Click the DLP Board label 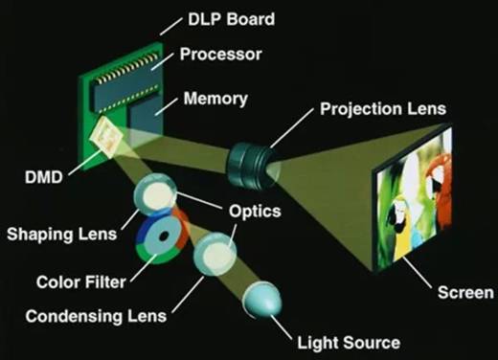[231, 19]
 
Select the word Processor [220, 55]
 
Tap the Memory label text [215, 99]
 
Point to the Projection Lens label [383, 109]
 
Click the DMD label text [44, 177]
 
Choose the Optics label [255, 212]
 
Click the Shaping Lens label [62, 235]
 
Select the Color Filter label [81, 282]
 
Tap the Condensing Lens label [96, 317]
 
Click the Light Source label [349, 343]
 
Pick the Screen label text [465, 293]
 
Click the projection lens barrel [251, 165]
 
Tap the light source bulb [262, 300]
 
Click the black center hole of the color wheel [164, 236]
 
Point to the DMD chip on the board [106, 138]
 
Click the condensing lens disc [215, 254]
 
